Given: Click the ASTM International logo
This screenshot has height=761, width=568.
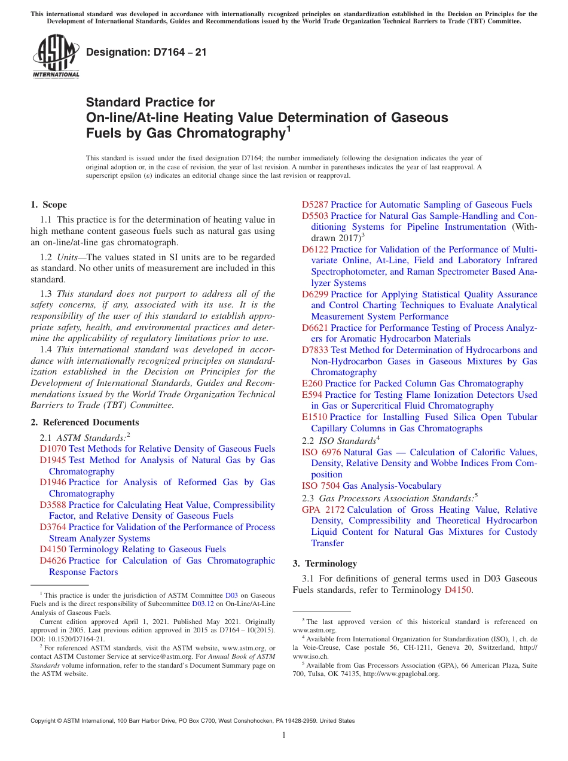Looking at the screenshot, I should (x=55, y=57).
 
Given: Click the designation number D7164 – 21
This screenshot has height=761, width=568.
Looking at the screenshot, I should (x=146, y=52).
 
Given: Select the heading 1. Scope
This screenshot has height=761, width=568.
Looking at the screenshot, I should (x=48, y=205).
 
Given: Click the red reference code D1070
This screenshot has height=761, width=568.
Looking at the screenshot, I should (x=53, y=449).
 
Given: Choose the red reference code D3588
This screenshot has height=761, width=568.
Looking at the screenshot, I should (x=53, y=505).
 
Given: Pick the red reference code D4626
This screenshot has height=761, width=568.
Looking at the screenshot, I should (x=53, y=561).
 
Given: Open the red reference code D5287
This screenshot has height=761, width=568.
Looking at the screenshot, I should (x=314, y=205).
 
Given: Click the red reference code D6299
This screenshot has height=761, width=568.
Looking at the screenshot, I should (x=314, y=294).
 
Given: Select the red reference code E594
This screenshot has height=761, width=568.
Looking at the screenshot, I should (x=312, y=395).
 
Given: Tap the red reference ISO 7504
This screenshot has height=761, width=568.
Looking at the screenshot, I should (x=321, y=486).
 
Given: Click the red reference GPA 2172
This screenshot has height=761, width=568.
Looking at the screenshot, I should (x=323, y=510).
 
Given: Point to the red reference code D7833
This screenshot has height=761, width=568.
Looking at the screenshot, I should (x=314, y=350).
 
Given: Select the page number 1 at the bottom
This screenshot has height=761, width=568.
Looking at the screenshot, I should (x=284, y=735).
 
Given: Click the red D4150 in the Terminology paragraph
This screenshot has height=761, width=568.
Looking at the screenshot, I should (x=458, y=590).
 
